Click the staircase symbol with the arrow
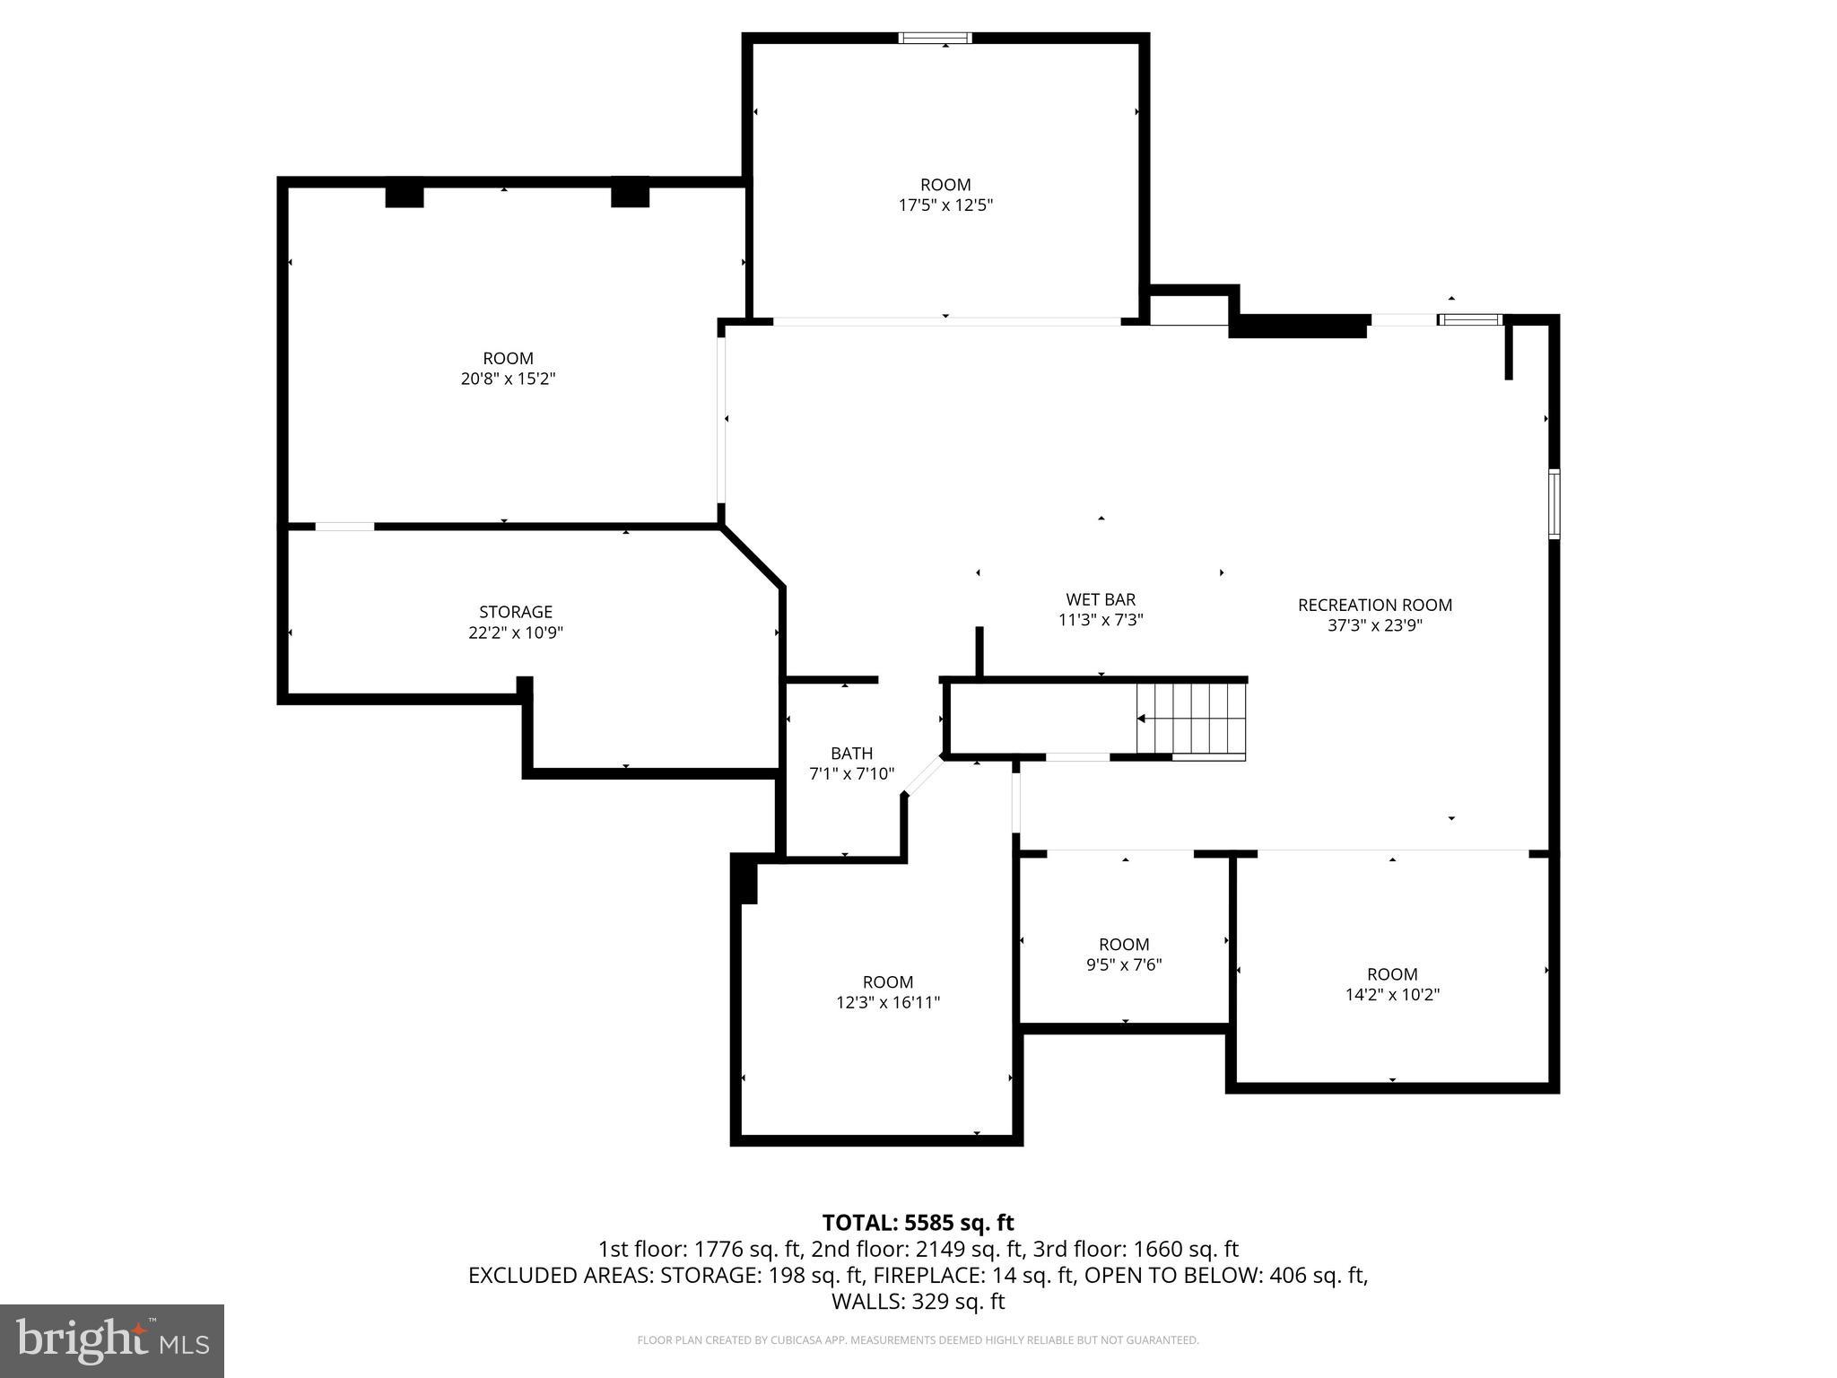tap(1191, 720)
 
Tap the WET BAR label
tap(1101, 599)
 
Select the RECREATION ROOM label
tap(1374, 605)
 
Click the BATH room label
tap(851, 753)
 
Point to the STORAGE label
tap(515, 612)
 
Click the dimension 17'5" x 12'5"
tap(945, 205)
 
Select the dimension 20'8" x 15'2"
tap(508, 379)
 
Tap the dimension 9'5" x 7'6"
tap(1124, 964)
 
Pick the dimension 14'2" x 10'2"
tap(1392, 994)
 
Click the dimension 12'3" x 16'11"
tap(888, 1002)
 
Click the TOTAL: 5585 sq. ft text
tap(918, 1222)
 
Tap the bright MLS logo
tap(112, 1340)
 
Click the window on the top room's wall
tap(936, 38)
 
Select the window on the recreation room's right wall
tap(1554, 503)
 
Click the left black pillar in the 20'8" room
tap(404, 196)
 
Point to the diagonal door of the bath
tap(922, 776)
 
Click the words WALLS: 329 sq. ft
tap(918, 1301)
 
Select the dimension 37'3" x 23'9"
tap(1374, 625)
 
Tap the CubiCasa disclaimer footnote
tap(918, 1340)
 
